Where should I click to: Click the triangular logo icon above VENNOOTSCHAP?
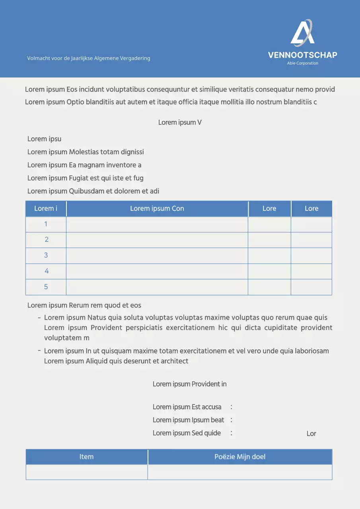click(302, 33)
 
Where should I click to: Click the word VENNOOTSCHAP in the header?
click(302, 55)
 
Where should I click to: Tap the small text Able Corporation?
click(302, 63)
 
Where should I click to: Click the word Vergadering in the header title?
click(136, 58)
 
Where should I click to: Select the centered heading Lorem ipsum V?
click(180, 122)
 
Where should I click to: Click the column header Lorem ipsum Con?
click(157, 208)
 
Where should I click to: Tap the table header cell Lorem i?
click(45, 208)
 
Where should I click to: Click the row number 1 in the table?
click(46, 224)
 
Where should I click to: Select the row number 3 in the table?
click(46, 255)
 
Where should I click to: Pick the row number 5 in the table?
click(46, 287)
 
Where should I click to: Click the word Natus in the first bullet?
click(97, 318)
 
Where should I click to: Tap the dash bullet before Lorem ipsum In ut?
click(39, 350)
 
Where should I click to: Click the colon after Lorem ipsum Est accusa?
click(231, 407)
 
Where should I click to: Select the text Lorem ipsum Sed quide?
click(187, 433)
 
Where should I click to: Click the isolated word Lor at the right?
click(311, 433)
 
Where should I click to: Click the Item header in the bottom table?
click(86, 457)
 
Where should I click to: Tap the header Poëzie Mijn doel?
click(239, 457)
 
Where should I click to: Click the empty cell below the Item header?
click(86, 472)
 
